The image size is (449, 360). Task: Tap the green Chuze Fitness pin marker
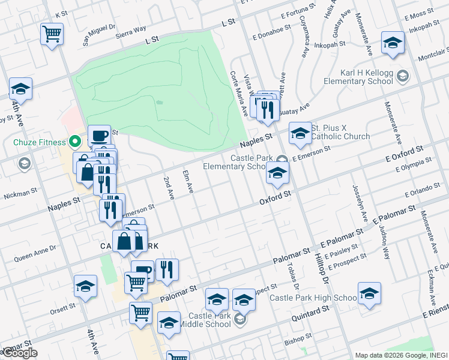click(75, 142)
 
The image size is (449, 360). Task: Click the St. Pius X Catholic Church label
click(340, 132)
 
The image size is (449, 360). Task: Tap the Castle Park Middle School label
click(209, 320)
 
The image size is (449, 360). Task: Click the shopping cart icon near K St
click(52, 33)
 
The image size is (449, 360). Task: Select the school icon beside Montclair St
click(393, 43)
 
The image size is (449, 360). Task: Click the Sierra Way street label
click(132, 29)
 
